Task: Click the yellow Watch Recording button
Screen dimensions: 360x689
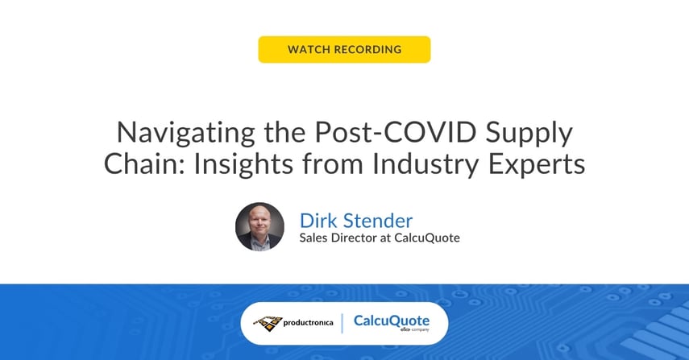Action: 344,49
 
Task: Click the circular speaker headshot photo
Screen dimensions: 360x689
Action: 259,226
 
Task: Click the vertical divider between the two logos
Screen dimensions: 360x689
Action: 343,323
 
